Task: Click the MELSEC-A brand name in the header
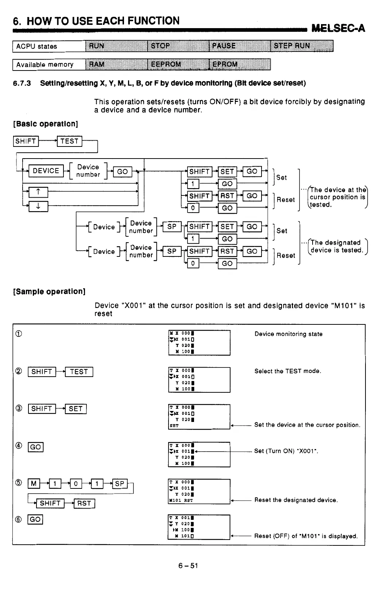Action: pos(338,28)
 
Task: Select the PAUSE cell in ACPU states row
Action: pos(240,46)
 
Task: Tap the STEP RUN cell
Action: pos(302,46)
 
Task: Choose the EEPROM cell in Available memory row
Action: pos(178,64)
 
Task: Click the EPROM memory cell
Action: pos(240,64)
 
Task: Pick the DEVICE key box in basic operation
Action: pos(46,171)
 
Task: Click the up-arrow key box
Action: pos(38,192)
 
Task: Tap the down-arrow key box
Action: pos(38,207)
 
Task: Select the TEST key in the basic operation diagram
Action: pos(69,141)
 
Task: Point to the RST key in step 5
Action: pos(84,503)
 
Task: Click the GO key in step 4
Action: pos(35,447)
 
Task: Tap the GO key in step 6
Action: pos(35,519)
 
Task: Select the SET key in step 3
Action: pos(76,408)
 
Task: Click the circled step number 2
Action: pos(19,372)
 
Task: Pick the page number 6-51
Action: pos(188,566)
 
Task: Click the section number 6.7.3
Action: pos(22,83)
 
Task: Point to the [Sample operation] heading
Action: pos(49,292)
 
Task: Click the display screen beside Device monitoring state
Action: pos(199,343)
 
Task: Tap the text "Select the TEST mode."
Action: pos(288,371)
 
